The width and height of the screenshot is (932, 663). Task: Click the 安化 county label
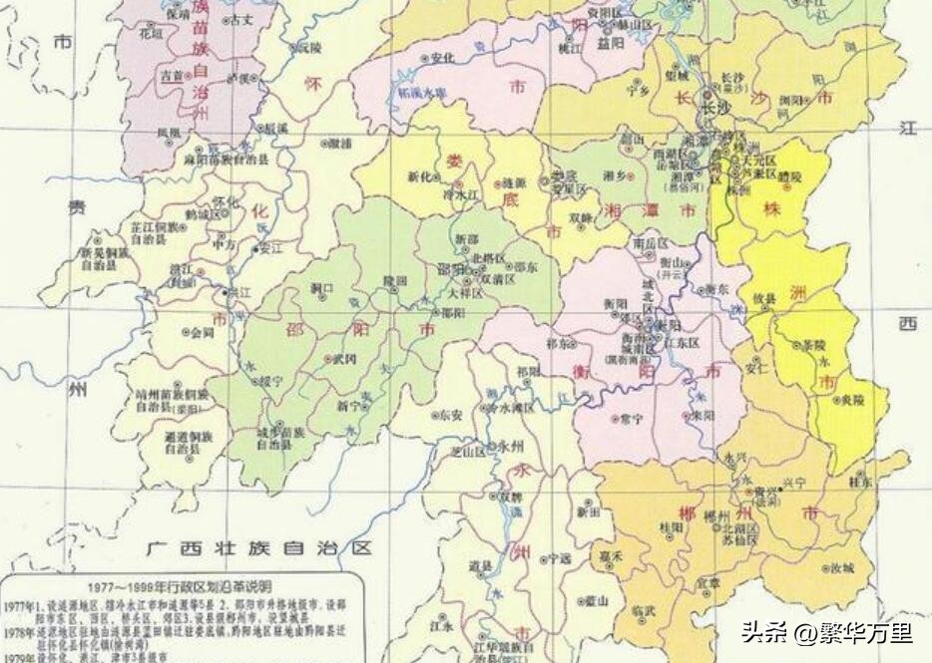click(442, 58)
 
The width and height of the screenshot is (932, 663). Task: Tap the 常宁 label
click(631, 417)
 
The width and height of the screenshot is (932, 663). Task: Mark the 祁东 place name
click(560, 343)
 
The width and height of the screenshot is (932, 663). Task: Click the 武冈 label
click(344, 358)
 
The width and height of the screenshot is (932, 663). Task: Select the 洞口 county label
click(321, 288)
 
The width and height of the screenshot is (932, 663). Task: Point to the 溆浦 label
click(339, 144)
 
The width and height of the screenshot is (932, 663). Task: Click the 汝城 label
click(841, 567)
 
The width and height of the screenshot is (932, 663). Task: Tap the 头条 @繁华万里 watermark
click(825, 632)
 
